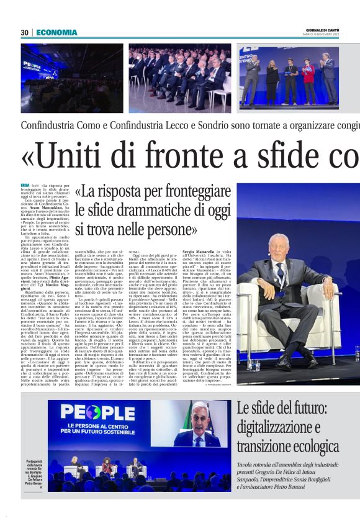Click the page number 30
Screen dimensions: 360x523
pyautogui.click(x=24, y=32)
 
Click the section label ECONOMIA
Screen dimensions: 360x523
pyautogui.click(x=56, y=32)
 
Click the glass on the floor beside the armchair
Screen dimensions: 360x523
pyautogui.click(x=253, y=364)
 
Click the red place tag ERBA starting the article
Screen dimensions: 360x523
pyautogui.click(x=25, y=185)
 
